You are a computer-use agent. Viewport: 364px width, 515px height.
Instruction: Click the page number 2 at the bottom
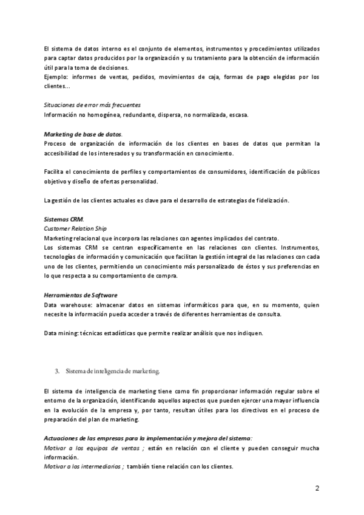(x=317, y=488)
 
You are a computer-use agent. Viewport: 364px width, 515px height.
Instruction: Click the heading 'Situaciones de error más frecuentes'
(x=93, y=104)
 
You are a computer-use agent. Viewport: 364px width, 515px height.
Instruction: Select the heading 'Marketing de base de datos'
(x=83, y=134)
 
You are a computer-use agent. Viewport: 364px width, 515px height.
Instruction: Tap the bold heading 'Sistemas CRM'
(x=64, y=219)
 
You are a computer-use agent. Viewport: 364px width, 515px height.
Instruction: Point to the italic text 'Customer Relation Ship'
(x=75, y=228)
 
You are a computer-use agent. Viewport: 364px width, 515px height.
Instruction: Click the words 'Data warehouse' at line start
(x=66, y=304)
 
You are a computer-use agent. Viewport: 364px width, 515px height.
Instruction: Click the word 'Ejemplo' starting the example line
(x=56, y=77)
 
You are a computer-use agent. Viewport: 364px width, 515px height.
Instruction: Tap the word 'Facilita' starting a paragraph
(x=55, y=172)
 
